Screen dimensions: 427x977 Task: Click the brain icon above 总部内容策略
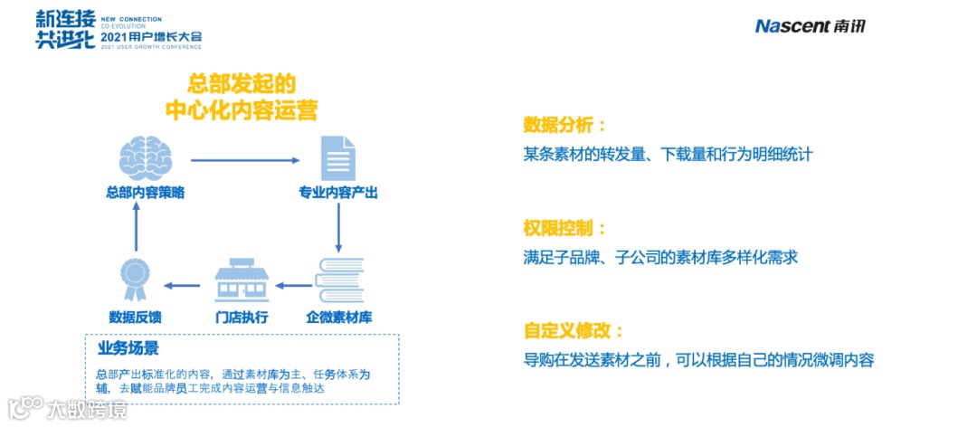click(146, 158)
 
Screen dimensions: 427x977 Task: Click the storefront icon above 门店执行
click(241, 280)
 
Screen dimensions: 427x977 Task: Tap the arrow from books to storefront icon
click(292, 285)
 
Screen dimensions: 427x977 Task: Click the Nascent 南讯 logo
click(810, 26)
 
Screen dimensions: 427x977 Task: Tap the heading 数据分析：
click(564, 125)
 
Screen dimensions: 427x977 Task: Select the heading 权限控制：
click(564, 228)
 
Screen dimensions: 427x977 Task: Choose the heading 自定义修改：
click(574, 330)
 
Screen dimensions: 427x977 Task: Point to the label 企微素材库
click(339, 318)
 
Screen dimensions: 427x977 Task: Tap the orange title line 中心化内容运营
click(242, 110)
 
